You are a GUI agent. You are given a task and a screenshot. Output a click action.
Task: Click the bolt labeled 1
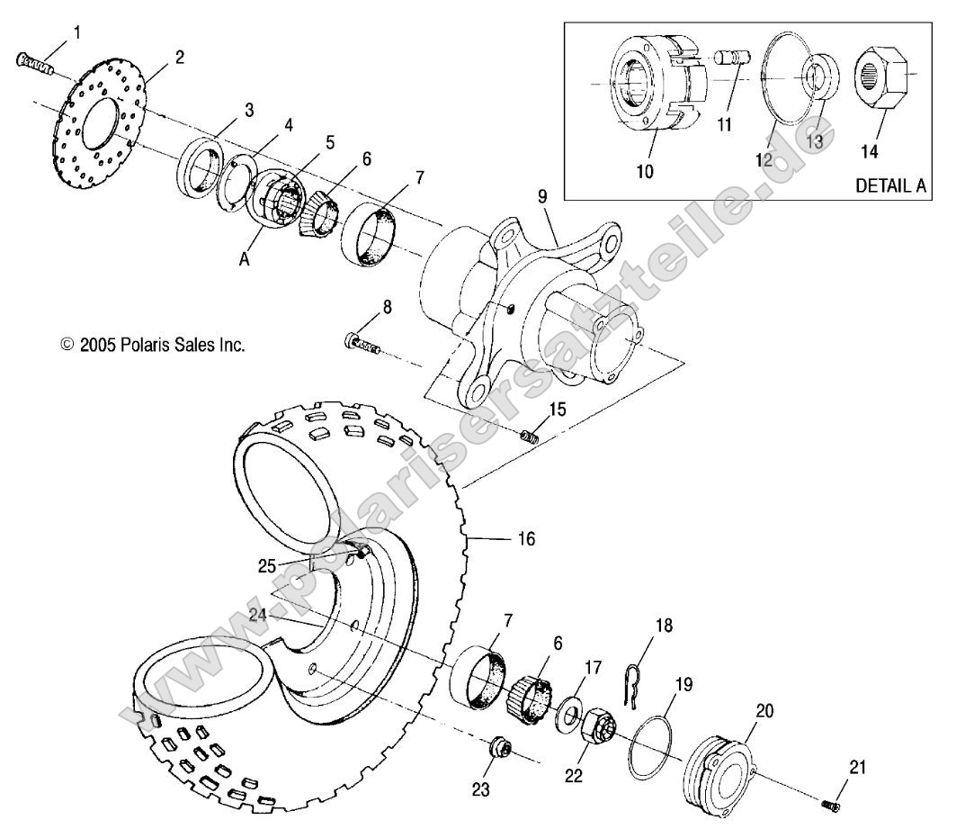pos(34,63)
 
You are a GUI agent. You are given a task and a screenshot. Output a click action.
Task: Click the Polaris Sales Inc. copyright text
pos(153,345)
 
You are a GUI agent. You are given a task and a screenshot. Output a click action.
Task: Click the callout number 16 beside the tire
pos(525,538)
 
